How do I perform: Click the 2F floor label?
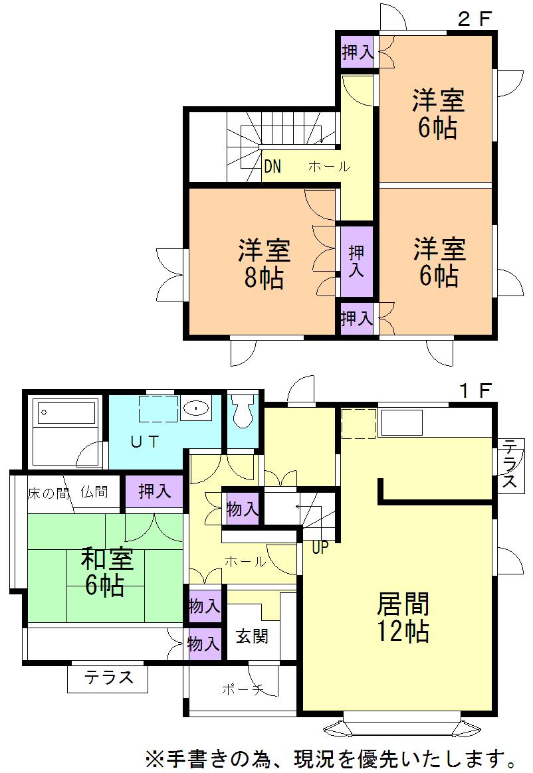coord(475,19)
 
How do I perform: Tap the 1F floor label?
coord(475,390)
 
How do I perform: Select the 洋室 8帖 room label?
coord(264,264)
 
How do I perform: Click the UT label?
coord(145,443)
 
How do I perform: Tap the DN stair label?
coord(272,167)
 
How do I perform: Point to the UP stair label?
coord(320,549)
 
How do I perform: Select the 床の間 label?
coord(48,493)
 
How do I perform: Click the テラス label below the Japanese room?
coord(108,679)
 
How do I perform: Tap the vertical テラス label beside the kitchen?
coord(510,463)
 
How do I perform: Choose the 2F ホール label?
coord(328,167)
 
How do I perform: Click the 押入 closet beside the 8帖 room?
coord(356,261)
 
